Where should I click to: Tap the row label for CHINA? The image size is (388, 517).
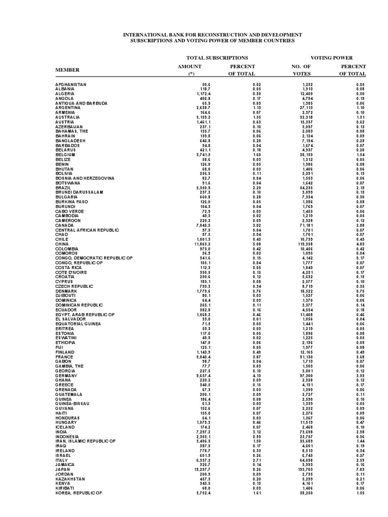(x=62, y=244)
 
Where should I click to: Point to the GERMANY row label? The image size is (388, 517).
(x=66, y=376)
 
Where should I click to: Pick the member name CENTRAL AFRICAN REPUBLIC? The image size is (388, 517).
(x=86, y=230)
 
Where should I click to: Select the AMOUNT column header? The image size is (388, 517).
(x=190, y=66)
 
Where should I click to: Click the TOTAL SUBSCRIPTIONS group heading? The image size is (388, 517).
(x=217, y=58)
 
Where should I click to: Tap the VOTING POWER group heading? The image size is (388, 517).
(x=331, y=58)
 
